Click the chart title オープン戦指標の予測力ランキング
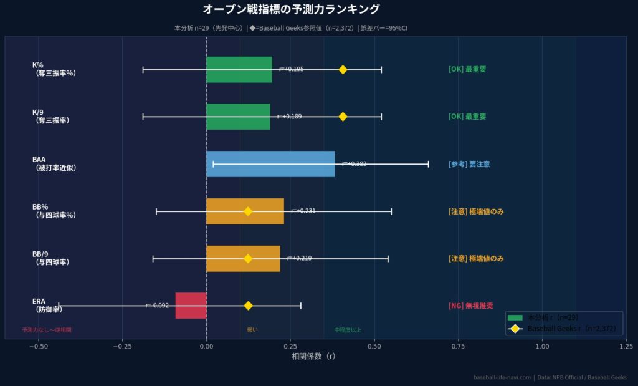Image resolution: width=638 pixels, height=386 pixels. [x=291, y=10]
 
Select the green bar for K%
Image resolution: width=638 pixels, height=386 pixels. [x=239, y=69]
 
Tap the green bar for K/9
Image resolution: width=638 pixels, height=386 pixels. [x=238, y=117]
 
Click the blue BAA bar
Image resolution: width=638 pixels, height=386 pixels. [x=270, y=164]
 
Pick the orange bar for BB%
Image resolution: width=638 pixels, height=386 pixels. [x=245, y=211]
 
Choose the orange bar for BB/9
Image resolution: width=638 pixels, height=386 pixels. [x=243, y=258]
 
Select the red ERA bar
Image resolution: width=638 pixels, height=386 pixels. [x=191, y=306]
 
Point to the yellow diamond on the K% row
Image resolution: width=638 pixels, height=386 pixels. [x=343, y=69]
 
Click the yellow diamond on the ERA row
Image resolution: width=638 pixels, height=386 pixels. [x=248, y=306]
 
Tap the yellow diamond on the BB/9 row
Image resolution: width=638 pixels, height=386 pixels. [x=248, y=258]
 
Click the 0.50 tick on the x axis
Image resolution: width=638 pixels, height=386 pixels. [x=374, y=346]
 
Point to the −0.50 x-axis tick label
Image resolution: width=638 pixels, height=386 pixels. [x=38, y=346]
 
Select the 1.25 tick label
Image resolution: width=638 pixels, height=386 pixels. [x=626, y=346]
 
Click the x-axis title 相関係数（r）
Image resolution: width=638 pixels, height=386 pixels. [x=313, y=357]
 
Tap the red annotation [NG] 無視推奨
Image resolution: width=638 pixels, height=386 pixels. [x=470, y=306]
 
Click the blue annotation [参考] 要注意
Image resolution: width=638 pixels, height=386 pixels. [x=469, y=164]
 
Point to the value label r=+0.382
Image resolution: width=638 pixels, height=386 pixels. [x=355, y=164]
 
